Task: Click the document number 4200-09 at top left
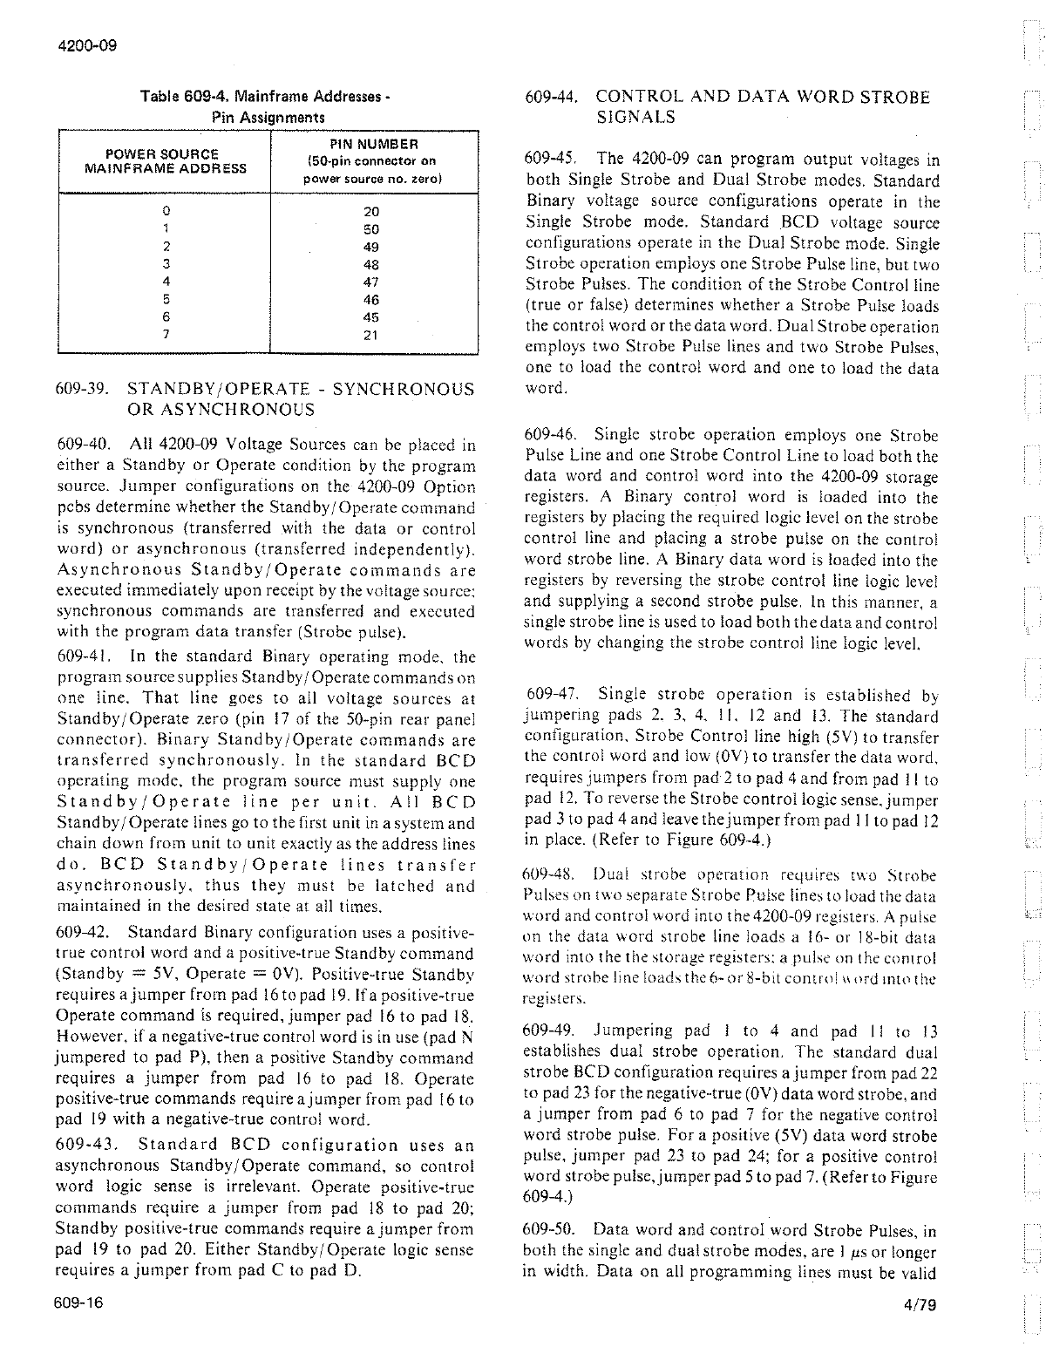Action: [78, 44]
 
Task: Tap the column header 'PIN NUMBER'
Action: [374, 144]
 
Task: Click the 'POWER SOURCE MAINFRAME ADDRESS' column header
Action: [165, 161]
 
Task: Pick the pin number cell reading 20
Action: [371, 211]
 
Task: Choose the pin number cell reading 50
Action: [371, 229]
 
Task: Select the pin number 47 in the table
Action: [371, 282]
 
